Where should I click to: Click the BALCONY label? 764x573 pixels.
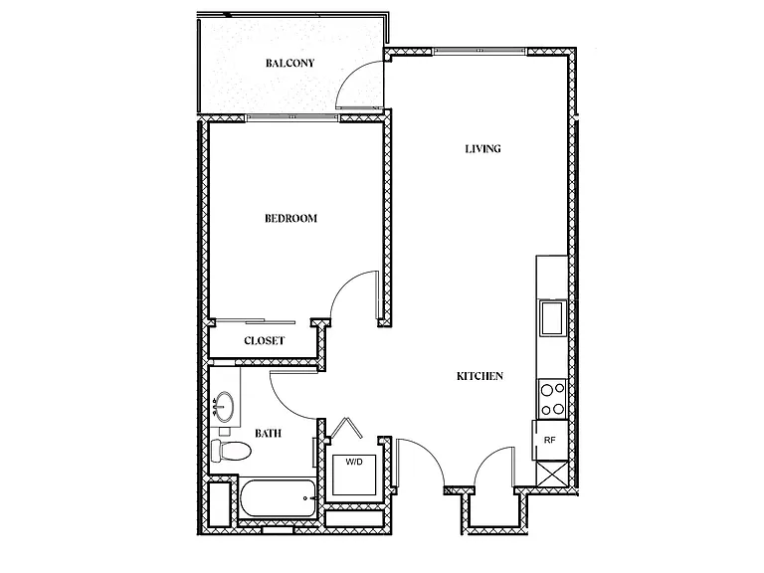coord(289,63)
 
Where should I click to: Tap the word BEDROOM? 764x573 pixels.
coord(290,218)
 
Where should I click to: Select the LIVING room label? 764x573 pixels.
coord(482,148)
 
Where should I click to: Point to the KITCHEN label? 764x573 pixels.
coord(479,376)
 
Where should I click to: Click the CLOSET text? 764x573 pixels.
coord(264,340)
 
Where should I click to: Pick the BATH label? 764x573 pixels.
coord(268,433)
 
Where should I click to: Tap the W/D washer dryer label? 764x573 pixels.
coord(354,462)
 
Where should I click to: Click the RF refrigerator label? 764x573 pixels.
coord(549,440)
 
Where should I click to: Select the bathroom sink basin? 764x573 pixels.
coord(225,406)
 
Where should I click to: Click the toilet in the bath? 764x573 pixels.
coord(231,451)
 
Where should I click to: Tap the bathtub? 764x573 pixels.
coord(279,498)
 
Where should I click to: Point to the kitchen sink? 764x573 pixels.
coord(553,318)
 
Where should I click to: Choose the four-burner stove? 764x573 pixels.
coord(553,399)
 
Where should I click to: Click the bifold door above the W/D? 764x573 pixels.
coord(346,427)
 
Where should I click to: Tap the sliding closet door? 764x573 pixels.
coord(256,321)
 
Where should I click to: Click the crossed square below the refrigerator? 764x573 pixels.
coord(552,474)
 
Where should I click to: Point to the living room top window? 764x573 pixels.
coord(479,50)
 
